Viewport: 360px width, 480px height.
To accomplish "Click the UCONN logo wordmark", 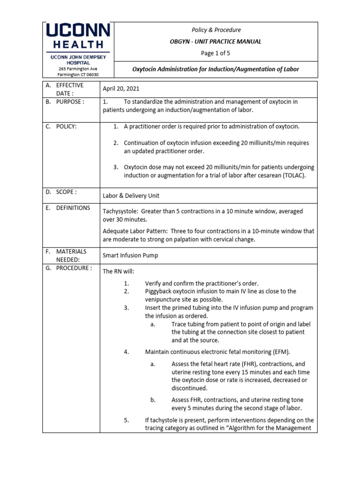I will [77, 31].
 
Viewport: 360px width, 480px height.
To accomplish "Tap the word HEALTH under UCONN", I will [77, 45].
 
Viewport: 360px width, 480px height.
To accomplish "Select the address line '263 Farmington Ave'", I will [77, 68].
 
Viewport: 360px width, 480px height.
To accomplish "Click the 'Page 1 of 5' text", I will [215, 53].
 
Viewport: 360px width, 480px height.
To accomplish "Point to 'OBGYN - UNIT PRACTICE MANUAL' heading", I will [215, 42].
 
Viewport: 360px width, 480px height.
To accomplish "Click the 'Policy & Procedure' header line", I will [215, 30].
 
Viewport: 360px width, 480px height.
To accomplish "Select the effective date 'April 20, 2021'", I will [120, 89].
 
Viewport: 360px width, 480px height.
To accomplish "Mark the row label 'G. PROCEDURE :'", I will [68, 268].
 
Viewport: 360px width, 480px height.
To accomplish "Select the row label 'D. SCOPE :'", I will [61, 192].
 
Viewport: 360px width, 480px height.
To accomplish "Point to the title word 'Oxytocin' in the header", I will [146, 69].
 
